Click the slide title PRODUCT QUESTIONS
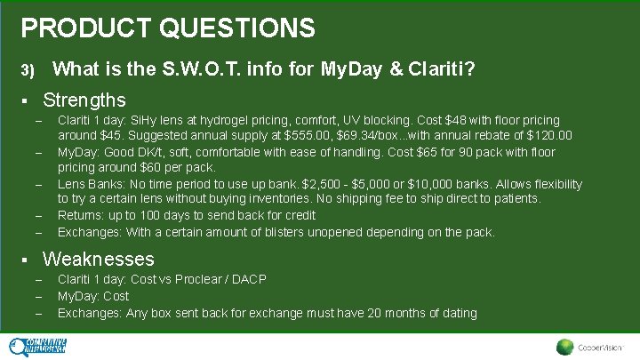pos(168,28)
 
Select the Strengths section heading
pos(84,100)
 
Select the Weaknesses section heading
pos(99,260)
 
